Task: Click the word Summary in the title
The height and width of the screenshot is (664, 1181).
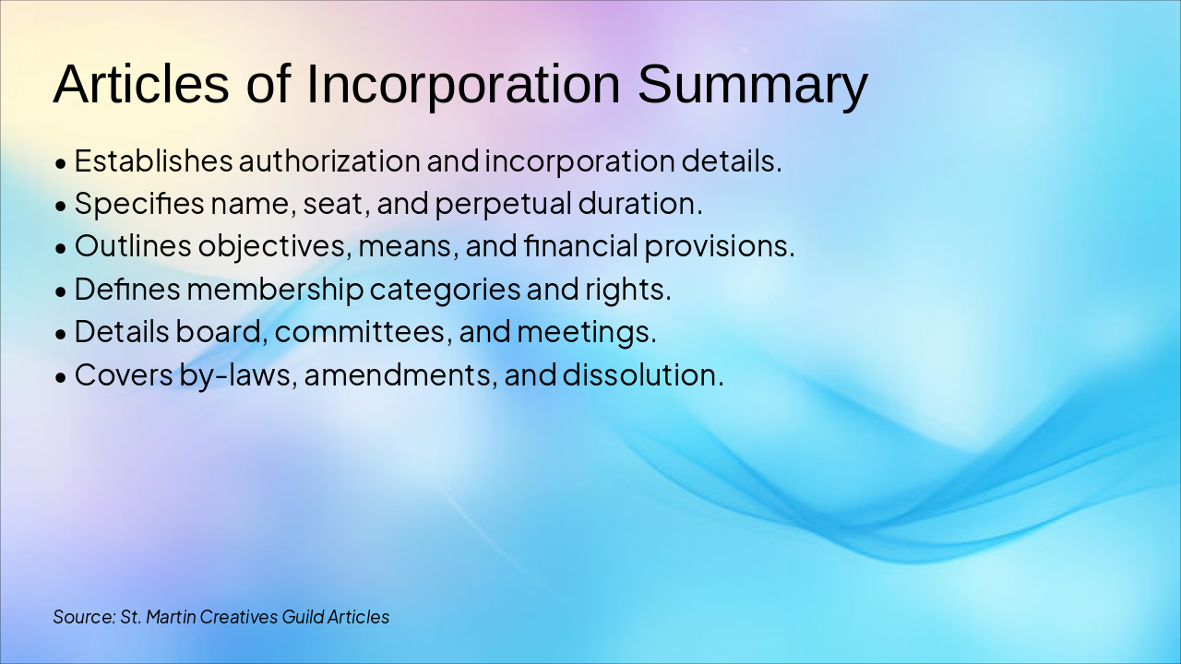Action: pyautogui.click(x=752, y=85)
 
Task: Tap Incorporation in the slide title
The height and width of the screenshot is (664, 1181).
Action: pyautogui.click(x=463, y=85)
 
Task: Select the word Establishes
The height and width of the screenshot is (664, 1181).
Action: pyautogui.click(x=153, y=161)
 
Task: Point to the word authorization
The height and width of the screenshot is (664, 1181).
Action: pyautogui.click(x=329, y=161)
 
